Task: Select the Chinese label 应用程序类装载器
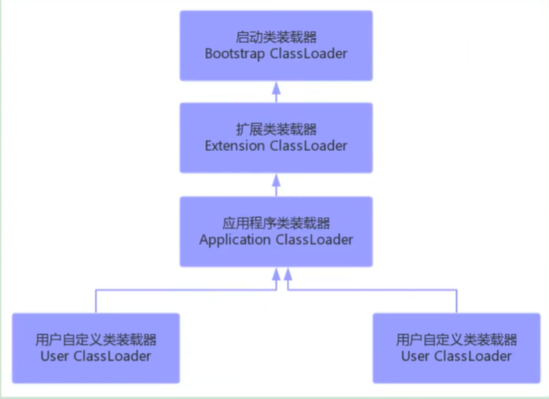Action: pos(276,223)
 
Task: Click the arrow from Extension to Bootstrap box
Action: pos(276,91)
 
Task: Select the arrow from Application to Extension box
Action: pos(276,184)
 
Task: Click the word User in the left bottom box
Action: pos(55,356)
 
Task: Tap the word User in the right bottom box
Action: pos(416,356)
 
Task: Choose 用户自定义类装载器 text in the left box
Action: pos(96,340)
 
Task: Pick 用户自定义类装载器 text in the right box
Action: pos(457,340)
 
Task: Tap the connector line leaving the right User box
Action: pos(456,301)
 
